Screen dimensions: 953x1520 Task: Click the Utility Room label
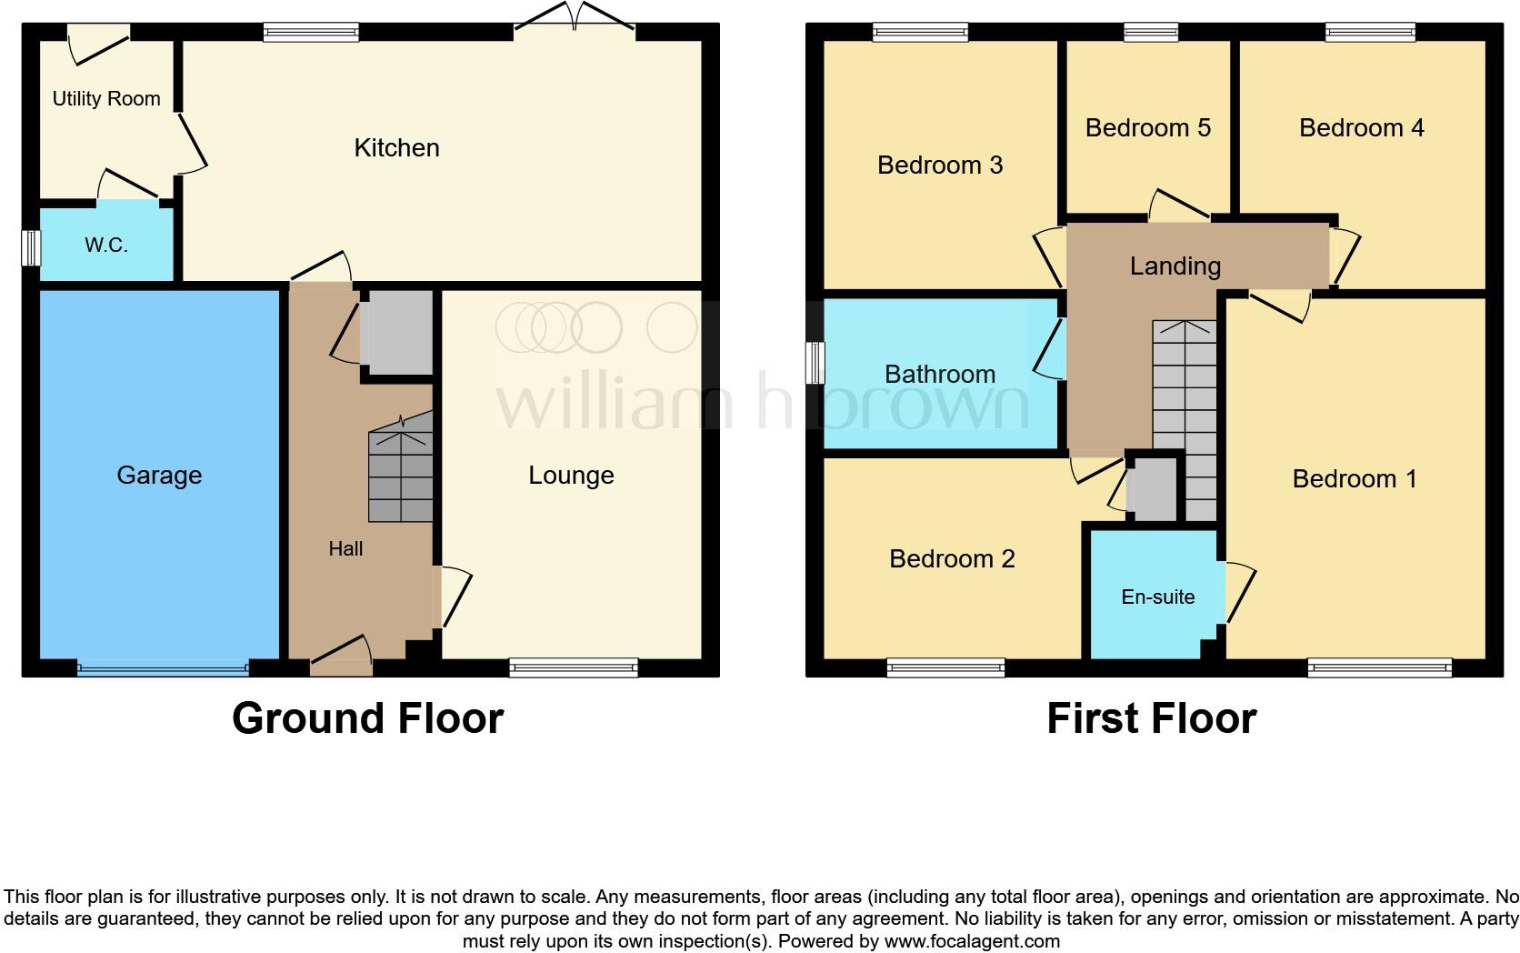click(x=106, y=99)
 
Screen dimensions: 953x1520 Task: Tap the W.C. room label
click(x=106, y=245)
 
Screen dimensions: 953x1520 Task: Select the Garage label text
click(x=159, y=476)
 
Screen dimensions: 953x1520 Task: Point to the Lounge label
click(x=571, y=476)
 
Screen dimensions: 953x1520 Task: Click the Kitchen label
click(x=396, y=148)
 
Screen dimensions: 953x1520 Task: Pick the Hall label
click(x=345, y=548)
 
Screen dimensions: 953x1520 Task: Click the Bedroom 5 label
click(x=1147, y=128)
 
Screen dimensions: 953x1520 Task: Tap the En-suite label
click(x=1157, y=597)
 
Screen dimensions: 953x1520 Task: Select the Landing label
click(x=1175, y=266)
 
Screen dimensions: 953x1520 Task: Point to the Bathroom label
click(x=939, y=374)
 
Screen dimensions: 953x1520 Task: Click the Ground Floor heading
click(x=367, y=718)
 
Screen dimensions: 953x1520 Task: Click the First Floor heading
click(x=1151, y=718)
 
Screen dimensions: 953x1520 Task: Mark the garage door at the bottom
click(x=163, y=670)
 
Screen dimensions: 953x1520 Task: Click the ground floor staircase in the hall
click(x=401, y=473)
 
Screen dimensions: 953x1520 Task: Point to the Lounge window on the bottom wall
click(x=574, y=668)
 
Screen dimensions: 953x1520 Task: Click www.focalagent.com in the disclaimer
click(x=972, y=941)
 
